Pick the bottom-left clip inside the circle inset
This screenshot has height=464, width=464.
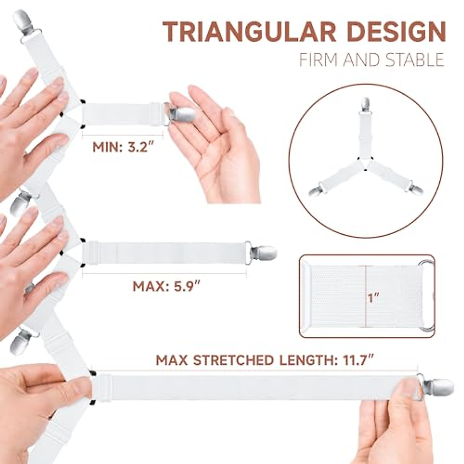click(x=317, y=191)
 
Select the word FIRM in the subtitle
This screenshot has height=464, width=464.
click(x=313, y=60)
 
